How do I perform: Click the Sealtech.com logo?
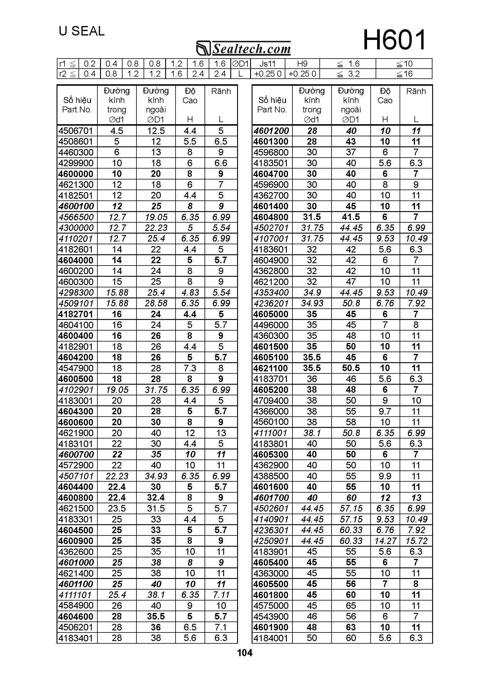243,48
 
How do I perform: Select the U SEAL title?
82,31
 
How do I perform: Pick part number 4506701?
76,131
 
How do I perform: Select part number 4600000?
76,174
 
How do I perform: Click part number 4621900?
76,433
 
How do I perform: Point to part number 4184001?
271,638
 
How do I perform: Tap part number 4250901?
271,541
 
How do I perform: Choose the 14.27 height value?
385,541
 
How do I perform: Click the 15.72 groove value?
416,541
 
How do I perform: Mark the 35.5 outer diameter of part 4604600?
156,616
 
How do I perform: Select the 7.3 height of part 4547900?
190,368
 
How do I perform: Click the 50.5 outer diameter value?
351,368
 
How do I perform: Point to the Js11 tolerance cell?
268,64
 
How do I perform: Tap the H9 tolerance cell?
302,64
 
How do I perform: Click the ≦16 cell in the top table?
404,74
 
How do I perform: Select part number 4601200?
271,131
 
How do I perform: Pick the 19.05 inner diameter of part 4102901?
117,390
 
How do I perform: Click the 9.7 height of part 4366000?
385,411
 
